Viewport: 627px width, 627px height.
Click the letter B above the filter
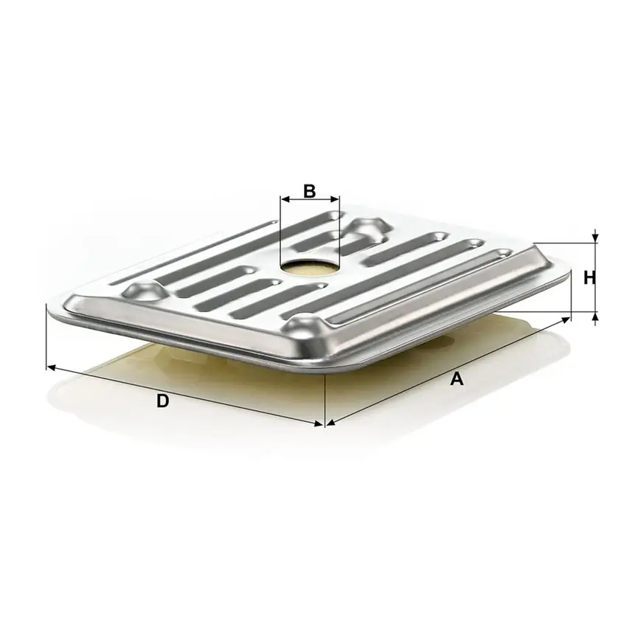pyautogui.click(x=310, y=190)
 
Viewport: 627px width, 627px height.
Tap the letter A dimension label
pyautogui.click(x=457, y=379)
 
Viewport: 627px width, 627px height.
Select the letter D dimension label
pyautogui.click(x=163, y=401)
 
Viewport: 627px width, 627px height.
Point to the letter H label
pyautogui.click(x=589, y=278)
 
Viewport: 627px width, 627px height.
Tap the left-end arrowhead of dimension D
pyautogui.click(x=50, y=366)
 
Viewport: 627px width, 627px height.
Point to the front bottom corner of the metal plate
pyautogui.click(x=325, y=366)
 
